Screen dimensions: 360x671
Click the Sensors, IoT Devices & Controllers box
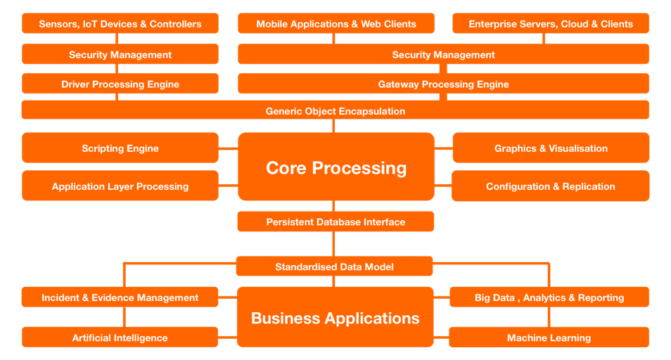point(120,24)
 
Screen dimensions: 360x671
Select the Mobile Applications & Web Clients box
point(336,24)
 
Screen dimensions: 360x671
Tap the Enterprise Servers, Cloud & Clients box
point(551,24)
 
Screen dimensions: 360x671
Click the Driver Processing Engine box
point(120,84)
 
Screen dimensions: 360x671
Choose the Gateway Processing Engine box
point(443,84)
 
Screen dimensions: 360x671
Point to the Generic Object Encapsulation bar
point(335,111)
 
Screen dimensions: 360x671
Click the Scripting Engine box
point(120,148)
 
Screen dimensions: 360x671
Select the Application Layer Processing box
point(120,186)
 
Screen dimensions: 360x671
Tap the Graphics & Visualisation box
point(551,148)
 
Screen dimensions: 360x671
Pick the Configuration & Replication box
point(551,186)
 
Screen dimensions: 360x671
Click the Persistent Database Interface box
point(335,221)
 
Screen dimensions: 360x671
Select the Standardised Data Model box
point(334,266)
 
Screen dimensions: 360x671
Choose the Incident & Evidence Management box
point(120,297)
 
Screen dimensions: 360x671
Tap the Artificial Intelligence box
point(120,337)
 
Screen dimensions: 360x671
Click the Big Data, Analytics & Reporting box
point(549,297)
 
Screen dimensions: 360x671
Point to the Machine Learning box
point(549,337)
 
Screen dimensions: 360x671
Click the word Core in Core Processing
point(286,168)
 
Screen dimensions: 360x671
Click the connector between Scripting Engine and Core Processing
point(229,148)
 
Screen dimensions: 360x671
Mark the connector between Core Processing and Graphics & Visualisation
point(443,148)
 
